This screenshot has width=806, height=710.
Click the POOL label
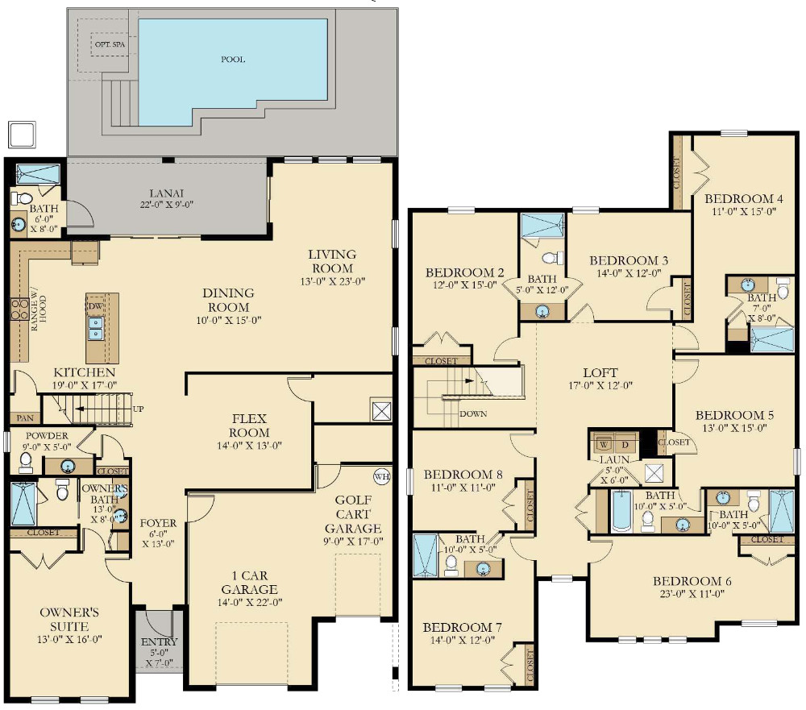pos(233,59)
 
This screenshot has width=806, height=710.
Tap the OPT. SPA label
pos(110,44)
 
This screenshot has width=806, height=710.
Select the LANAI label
pos(167,193)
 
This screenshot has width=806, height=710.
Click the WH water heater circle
pos(381,476)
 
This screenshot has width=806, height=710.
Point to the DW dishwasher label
pos(96,306)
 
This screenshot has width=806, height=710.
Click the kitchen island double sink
pos(96,329)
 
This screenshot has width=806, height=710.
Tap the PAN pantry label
pos(25,418)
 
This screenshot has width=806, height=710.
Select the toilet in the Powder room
pos(25,463)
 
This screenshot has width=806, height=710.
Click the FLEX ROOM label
pos(249,426)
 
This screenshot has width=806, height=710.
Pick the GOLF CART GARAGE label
pos(353,513)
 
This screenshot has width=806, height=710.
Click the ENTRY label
pos(159,641)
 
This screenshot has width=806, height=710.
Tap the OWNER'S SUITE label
pos(69,619)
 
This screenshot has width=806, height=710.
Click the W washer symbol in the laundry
pos(604,444)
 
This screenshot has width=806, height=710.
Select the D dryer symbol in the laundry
pos(625,444)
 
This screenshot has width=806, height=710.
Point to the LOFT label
pos(600,372)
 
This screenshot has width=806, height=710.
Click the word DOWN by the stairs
pos(473,413)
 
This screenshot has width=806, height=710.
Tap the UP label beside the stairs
pos(138,409)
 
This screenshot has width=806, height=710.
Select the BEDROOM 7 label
pos(462,627)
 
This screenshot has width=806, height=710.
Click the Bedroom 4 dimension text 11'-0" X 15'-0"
pos(743,211)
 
